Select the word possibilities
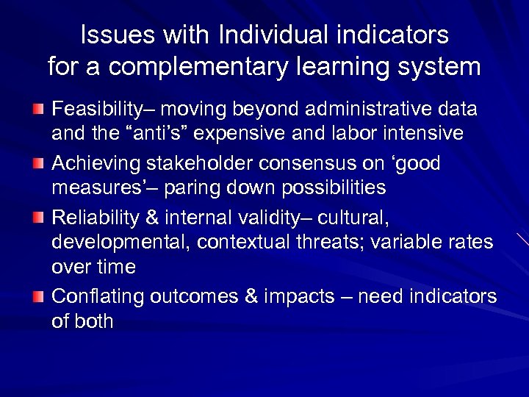pyautogui.click(x=320, y=187)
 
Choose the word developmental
pyautogui.click(x=118, y=242)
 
